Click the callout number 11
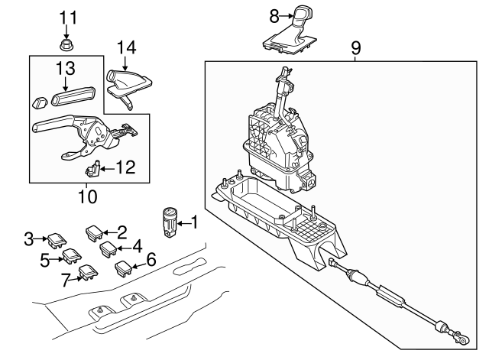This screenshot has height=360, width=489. pos(69,17)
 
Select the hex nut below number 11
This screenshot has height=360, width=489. pos(66,44)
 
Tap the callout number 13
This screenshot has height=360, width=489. pos(64,70)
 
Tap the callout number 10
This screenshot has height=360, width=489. pos(87,196)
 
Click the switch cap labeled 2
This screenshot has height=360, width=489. pos(95,231)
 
